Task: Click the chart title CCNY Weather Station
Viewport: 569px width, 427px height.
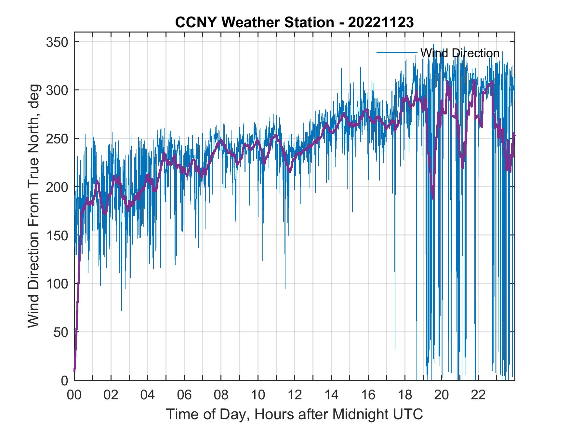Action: click(254, 22)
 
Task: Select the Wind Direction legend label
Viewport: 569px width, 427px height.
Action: click(460, 53)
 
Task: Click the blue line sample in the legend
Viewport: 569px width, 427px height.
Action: click(397, 53)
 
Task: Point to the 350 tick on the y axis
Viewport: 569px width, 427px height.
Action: click(57, 42)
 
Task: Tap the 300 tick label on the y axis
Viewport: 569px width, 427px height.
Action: click(57, 90)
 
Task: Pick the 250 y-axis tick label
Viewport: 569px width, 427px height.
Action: click(57, 139)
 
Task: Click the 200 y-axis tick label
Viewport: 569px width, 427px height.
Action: click(57, 187)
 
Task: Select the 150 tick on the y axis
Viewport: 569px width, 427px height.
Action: click(57, 235)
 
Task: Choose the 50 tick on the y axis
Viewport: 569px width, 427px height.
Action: click(61, 332)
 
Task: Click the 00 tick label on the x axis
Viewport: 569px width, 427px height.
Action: click(74, 395)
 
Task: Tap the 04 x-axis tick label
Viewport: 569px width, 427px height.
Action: click(148, 395)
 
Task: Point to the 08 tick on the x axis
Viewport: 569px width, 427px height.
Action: click(221, 395)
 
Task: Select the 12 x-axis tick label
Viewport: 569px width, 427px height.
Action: click(295, 395)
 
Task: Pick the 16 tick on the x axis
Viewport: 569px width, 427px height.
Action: click(368, 395)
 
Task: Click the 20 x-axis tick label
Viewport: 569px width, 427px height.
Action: click(442, 395)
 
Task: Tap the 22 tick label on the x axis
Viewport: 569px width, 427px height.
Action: click(478, 395)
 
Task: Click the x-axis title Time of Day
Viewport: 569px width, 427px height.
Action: click(295, 414)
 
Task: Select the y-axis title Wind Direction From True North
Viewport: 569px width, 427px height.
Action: click(33, 206)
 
